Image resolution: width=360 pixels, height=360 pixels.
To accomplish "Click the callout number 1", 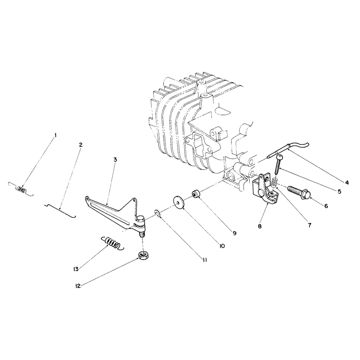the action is click(x=55, y=136).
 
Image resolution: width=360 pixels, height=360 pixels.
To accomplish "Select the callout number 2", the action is click(x=81, y=145).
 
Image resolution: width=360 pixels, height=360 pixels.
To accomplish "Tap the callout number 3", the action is click(x=115, y=159).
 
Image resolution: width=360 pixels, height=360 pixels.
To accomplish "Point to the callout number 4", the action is click(x=347, y=183).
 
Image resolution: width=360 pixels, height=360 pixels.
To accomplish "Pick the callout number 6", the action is click(x=326, y=206).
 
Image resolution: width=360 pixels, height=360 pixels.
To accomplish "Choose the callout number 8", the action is click(x=260, y=226).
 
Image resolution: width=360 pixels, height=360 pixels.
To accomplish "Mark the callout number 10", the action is click(x=222, y=246).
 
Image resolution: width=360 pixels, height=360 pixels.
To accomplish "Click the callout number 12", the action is click(x=78, y=286).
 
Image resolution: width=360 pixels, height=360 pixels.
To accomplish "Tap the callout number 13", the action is click(x=76, y=269).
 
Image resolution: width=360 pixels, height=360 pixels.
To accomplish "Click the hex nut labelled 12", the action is click(x=143, y=255).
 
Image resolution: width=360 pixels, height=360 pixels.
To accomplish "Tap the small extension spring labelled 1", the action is click(x=21, y=189).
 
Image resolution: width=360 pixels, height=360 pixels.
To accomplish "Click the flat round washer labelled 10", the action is click(x=179, y=202).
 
